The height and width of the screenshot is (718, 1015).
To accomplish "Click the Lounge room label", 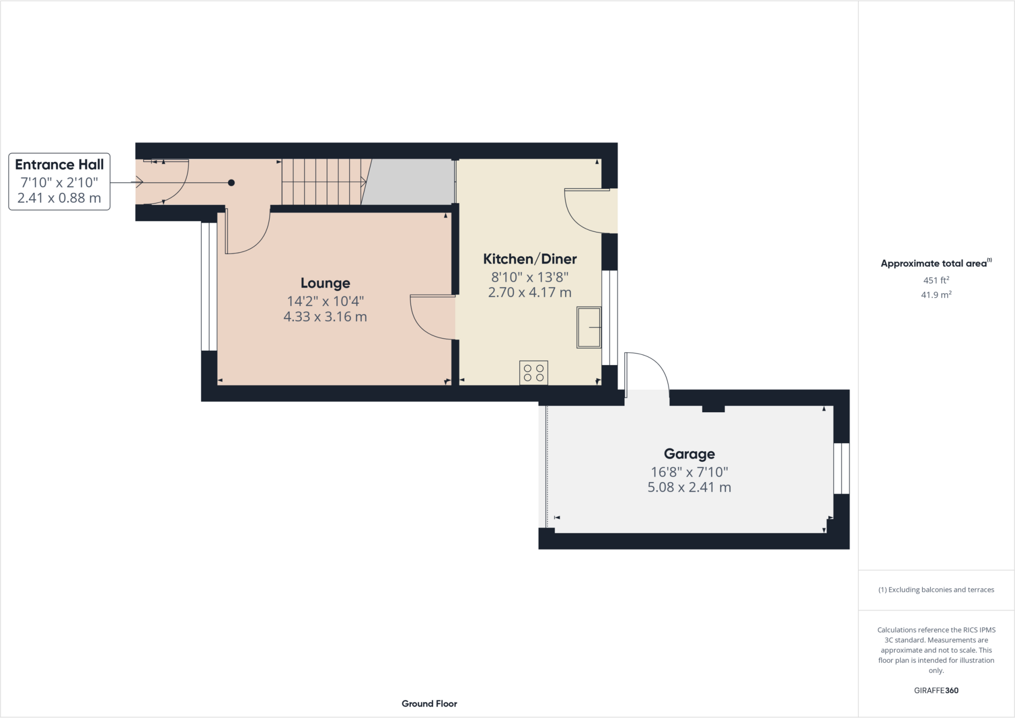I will (x=325, y=283).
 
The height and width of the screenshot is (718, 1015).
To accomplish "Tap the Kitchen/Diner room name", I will (x=530, y=259).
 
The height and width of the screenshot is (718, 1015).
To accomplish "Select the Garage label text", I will (x=689, y=453).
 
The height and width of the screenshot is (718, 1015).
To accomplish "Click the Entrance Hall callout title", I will (x=59, y=165).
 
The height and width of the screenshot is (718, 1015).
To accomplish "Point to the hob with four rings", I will (x=534, y=373).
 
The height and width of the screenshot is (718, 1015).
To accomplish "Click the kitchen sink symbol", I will (x=589, y=328).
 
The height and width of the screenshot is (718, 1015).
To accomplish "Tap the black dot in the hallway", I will (x=231, y=183).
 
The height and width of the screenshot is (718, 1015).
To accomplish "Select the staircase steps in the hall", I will (x=322, y=182).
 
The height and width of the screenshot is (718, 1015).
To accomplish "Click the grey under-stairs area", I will (x=411, y=182).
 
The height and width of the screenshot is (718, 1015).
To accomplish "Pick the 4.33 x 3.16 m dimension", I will (x=325, y=317).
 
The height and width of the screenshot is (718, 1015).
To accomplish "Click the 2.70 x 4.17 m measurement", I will (x=530, y=292).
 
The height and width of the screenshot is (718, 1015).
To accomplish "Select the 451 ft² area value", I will (x=936, y=280).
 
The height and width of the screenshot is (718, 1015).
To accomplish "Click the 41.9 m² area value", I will (x=936, y=295).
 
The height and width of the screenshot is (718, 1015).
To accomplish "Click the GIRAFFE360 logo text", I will (x=936, y=690).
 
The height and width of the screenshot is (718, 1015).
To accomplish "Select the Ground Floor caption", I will (x=429, y=704).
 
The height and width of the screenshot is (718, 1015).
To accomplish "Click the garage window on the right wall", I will (x=841, y=468).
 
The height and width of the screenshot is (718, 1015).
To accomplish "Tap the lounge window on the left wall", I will (x=209, y=286).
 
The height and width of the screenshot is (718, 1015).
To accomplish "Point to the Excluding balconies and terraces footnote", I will (x=936, y=590).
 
